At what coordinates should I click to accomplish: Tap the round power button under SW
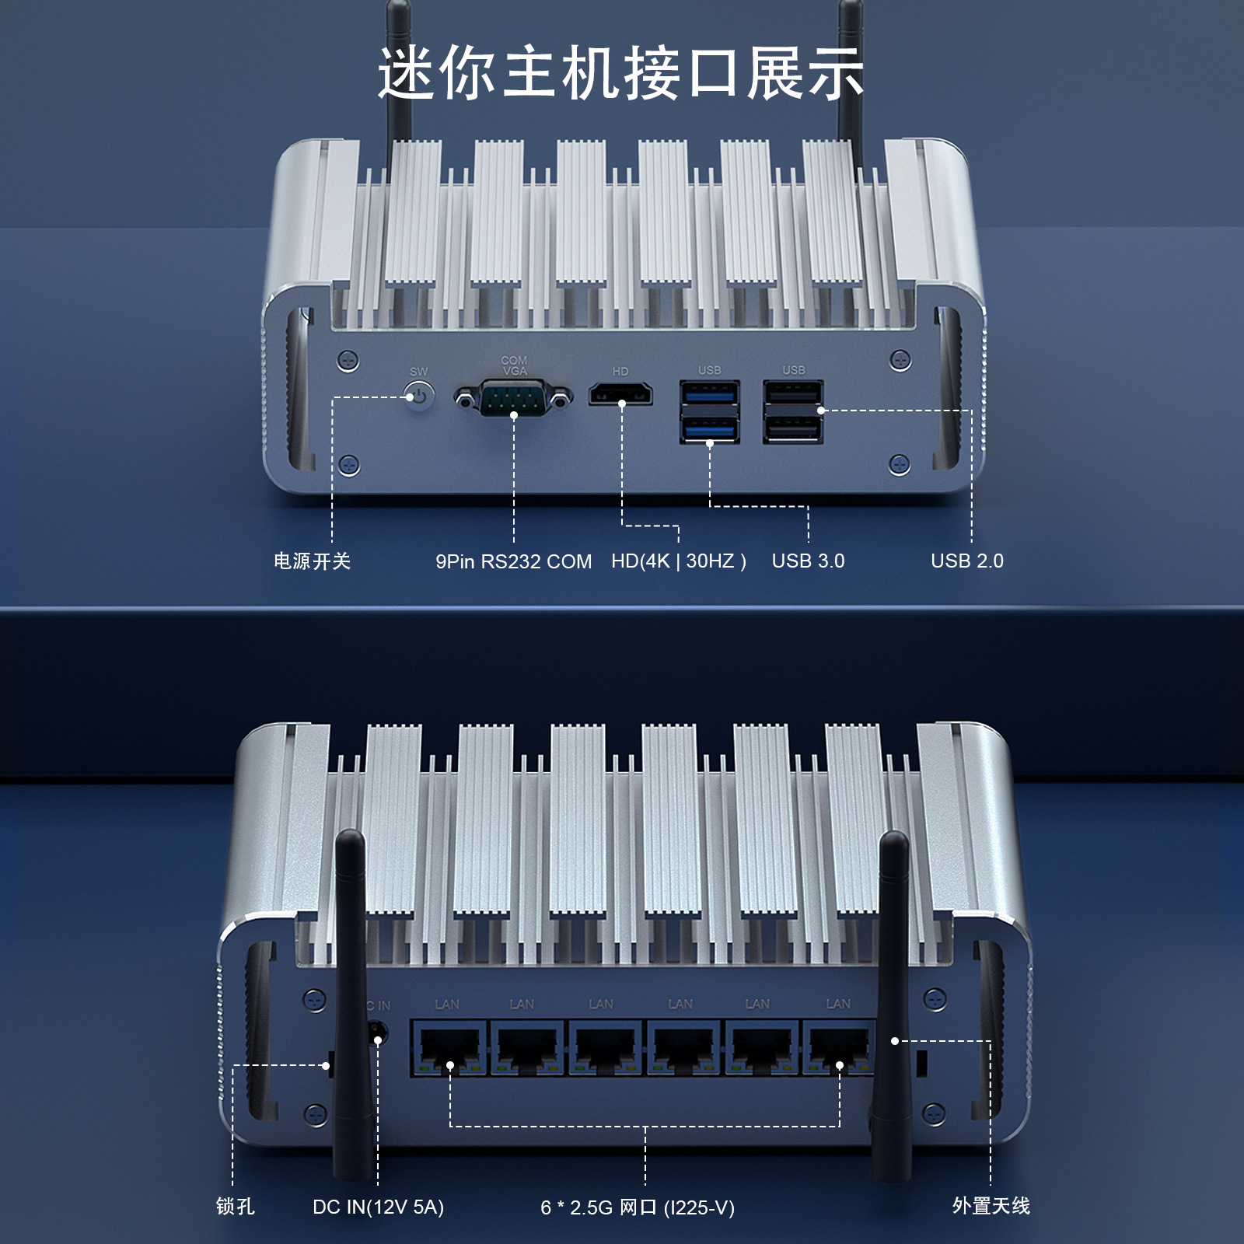[x=419, y=396]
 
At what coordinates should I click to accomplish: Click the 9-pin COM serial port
[x=514, y=398]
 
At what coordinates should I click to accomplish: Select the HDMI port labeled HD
[x=620, y=395]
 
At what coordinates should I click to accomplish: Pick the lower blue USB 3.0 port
[x=710, y=428]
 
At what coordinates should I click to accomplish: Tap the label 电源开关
[x=313, y=561]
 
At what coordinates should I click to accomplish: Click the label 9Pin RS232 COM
[x=514, y=561]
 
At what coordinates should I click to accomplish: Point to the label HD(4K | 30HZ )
[x=679, y=561]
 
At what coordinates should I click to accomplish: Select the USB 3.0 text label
[x=808, y=561]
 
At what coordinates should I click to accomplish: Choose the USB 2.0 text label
[x=967, y=561]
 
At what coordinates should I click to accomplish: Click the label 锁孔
[x=236, y=1206]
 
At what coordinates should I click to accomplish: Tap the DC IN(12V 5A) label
[x=379, y=1207]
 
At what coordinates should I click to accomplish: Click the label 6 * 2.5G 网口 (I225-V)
[x=638, y=1207]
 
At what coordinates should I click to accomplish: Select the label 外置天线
[x=991, y=1206]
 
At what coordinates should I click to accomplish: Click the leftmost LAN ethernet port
[x=449, y=1048]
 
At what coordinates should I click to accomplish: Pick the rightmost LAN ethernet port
[x=840, y=1048]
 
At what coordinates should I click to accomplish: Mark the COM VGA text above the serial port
[x=514, y=365]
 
